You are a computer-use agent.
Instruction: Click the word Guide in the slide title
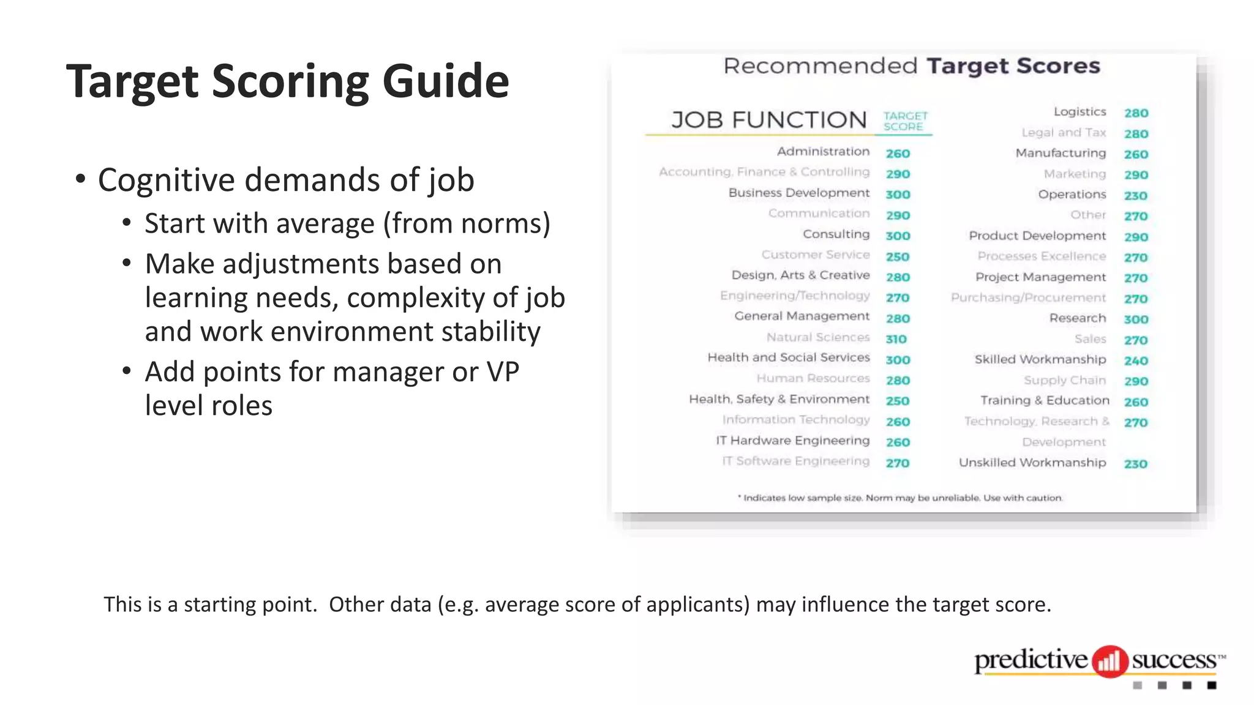445,81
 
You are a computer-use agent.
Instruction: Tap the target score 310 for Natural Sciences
896,339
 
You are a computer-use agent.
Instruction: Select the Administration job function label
823,152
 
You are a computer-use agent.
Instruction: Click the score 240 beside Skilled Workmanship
1136,361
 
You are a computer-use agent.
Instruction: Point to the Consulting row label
836,234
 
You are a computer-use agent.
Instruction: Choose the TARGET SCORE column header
905,121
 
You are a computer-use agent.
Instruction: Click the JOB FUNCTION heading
769,120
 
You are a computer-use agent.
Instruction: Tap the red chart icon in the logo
1109,661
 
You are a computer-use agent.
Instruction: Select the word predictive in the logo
1031,660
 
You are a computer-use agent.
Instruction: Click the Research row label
1078,318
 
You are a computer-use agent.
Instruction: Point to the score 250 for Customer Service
898,257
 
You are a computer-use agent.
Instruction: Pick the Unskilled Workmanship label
1032,463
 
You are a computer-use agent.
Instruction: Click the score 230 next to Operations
1135,196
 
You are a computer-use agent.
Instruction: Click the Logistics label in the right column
1079,112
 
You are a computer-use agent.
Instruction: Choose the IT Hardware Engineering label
793,441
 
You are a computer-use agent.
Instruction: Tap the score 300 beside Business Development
898,195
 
